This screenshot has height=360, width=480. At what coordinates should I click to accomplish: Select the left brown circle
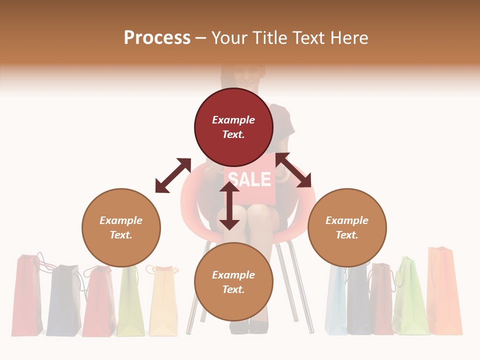(x=121, y=227)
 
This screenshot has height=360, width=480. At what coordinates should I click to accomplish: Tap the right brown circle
(x=347, y=227)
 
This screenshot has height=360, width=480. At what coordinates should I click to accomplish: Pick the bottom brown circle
(x=233, y=282)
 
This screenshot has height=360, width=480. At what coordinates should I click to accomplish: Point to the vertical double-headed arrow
(x=229, y=205)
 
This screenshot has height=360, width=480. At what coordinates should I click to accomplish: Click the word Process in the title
(x=157, y=37)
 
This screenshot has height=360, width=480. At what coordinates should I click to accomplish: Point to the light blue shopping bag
(x=335, y=300)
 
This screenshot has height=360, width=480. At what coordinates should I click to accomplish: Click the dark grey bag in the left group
(x=64, y=300)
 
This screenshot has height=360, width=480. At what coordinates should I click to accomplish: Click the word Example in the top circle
(x=233, y=120)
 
